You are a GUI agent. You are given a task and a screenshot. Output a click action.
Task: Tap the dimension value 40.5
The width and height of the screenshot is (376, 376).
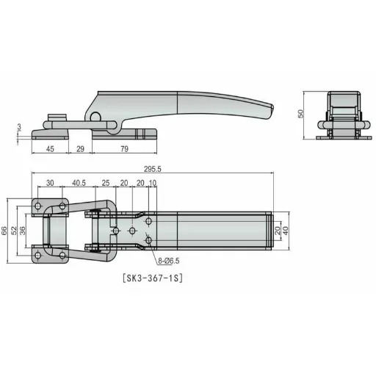(x=79, y=183)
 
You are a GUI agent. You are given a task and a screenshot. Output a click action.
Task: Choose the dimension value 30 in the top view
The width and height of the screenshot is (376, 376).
(x=50, y=183)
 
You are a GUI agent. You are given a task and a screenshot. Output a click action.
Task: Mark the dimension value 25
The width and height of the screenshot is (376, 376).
(x=106, y=183)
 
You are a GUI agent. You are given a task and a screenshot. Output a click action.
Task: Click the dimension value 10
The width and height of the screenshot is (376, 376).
(x=153, y=183)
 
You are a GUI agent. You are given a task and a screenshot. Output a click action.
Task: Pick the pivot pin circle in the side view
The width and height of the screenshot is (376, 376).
(x=94, y=117)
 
